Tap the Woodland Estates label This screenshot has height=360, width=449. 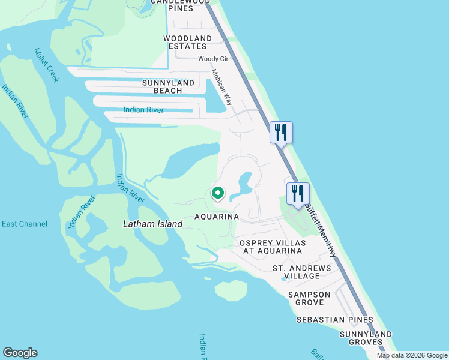[188, 42]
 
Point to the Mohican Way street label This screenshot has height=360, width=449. [221, 87]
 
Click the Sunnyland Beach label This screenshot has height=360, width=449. [168, 86]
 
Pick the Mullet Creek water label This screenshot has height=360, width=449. [47, 65]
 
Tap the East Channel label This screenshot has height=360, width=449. [25, 224]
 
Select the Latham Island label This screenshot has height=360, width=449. [152, 224]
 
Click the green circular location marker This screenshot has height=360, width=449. [218, 193]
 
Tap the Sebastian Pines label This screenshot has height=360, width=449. [335, 320]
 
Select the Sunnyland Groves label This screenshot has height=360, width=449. [366, 338]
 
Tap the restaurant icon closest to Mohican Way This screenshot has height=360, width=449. [281, 132]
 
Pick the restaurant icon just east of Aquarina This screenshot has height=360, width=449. [298, 193]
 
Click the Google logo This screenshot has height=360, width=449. [20, 353]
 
